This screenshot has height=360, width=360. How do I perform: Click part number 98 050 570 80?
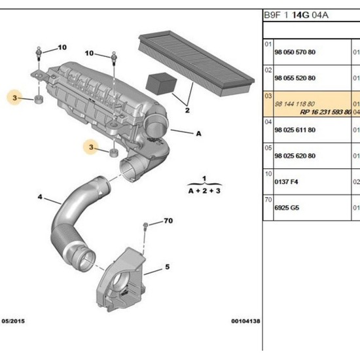(x=295, y=52)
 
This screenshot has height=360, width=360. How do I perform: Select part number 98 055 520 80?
(x=295, y=78)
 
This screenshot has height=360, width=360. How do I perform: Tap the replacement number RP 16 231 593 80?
(x=326, y=112)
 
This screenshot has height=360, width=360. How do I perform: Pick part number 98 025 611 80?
(x=295, y=130)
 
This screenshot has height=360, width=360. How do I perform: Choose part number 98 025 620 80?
(x=295, y=156)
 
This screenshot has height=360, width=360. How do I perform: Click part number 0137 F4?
(x=286, y=182)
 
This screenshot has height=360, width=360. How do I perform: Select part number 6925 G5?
(x=287, y=207)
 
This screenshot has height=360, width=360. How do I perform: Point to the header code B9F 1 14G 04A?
(x=296, y=15)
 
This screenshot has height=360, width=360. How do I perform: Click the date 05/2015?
(x=13, y=321)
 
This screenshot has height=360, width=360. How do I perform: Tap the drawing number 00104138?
(x=245, y=321)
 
